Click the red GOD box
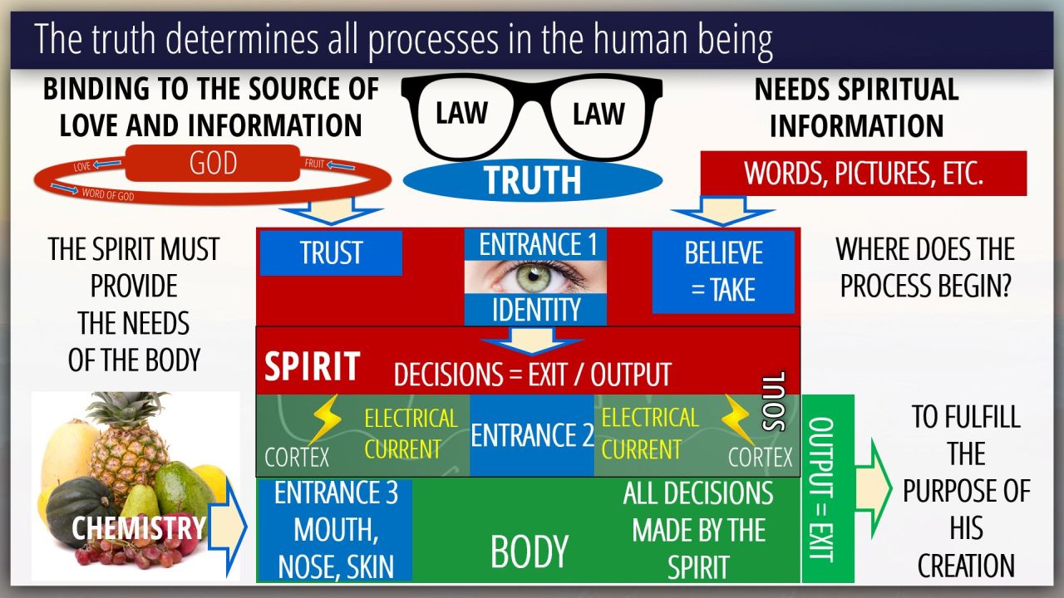coord(213,163)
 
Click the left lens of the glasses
coord(461,114)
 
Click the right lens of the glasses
coord(598,114)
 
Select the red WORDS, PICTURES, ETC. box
coord(864,173)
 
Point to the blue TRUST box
coord(331,252)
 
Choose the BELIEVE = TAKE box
coord(722,272)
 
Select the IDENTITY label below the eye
coord(536,310)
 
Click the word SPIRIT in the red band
coord(312,366)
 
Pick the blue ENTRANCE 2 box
coord(531,435)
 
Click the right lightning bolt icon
coord(736,419)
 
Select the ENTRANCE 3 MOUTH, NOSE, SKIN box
coord(335,530)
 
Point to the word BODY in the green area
coord(530,551)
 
